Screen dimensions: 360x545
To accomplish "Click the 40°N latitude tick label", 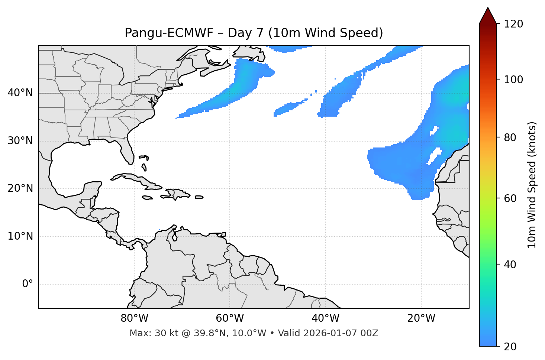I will (x=20, y=93).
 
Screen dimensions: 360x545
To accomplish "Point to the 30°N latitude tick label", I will (x=20, y=141).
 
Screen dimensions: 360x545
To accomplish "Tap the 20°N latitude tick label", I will (x=20, y=188).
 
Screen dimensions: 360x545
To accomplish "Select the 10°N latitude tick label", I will (x=20, y=236).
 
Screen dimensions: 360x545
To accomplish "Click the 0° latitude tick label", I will (x=28, y=284).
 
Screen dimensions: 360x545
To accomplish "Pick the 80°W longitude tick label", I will (x=134, y=318).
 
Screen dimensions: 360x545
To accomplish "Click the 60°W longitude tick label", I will (x=230, y=318).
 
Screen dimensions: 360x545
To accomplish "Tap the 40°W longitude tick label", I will (x=325, y=318).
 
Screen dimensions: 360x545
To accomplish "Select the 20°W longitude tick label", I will (x=421, y=318).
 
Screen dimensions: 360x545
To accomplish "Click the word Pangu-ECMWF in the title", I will (x=169, y=33).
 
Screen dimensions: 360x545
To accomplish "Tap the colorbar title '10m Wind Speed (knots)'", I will (x=532, y=185).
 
